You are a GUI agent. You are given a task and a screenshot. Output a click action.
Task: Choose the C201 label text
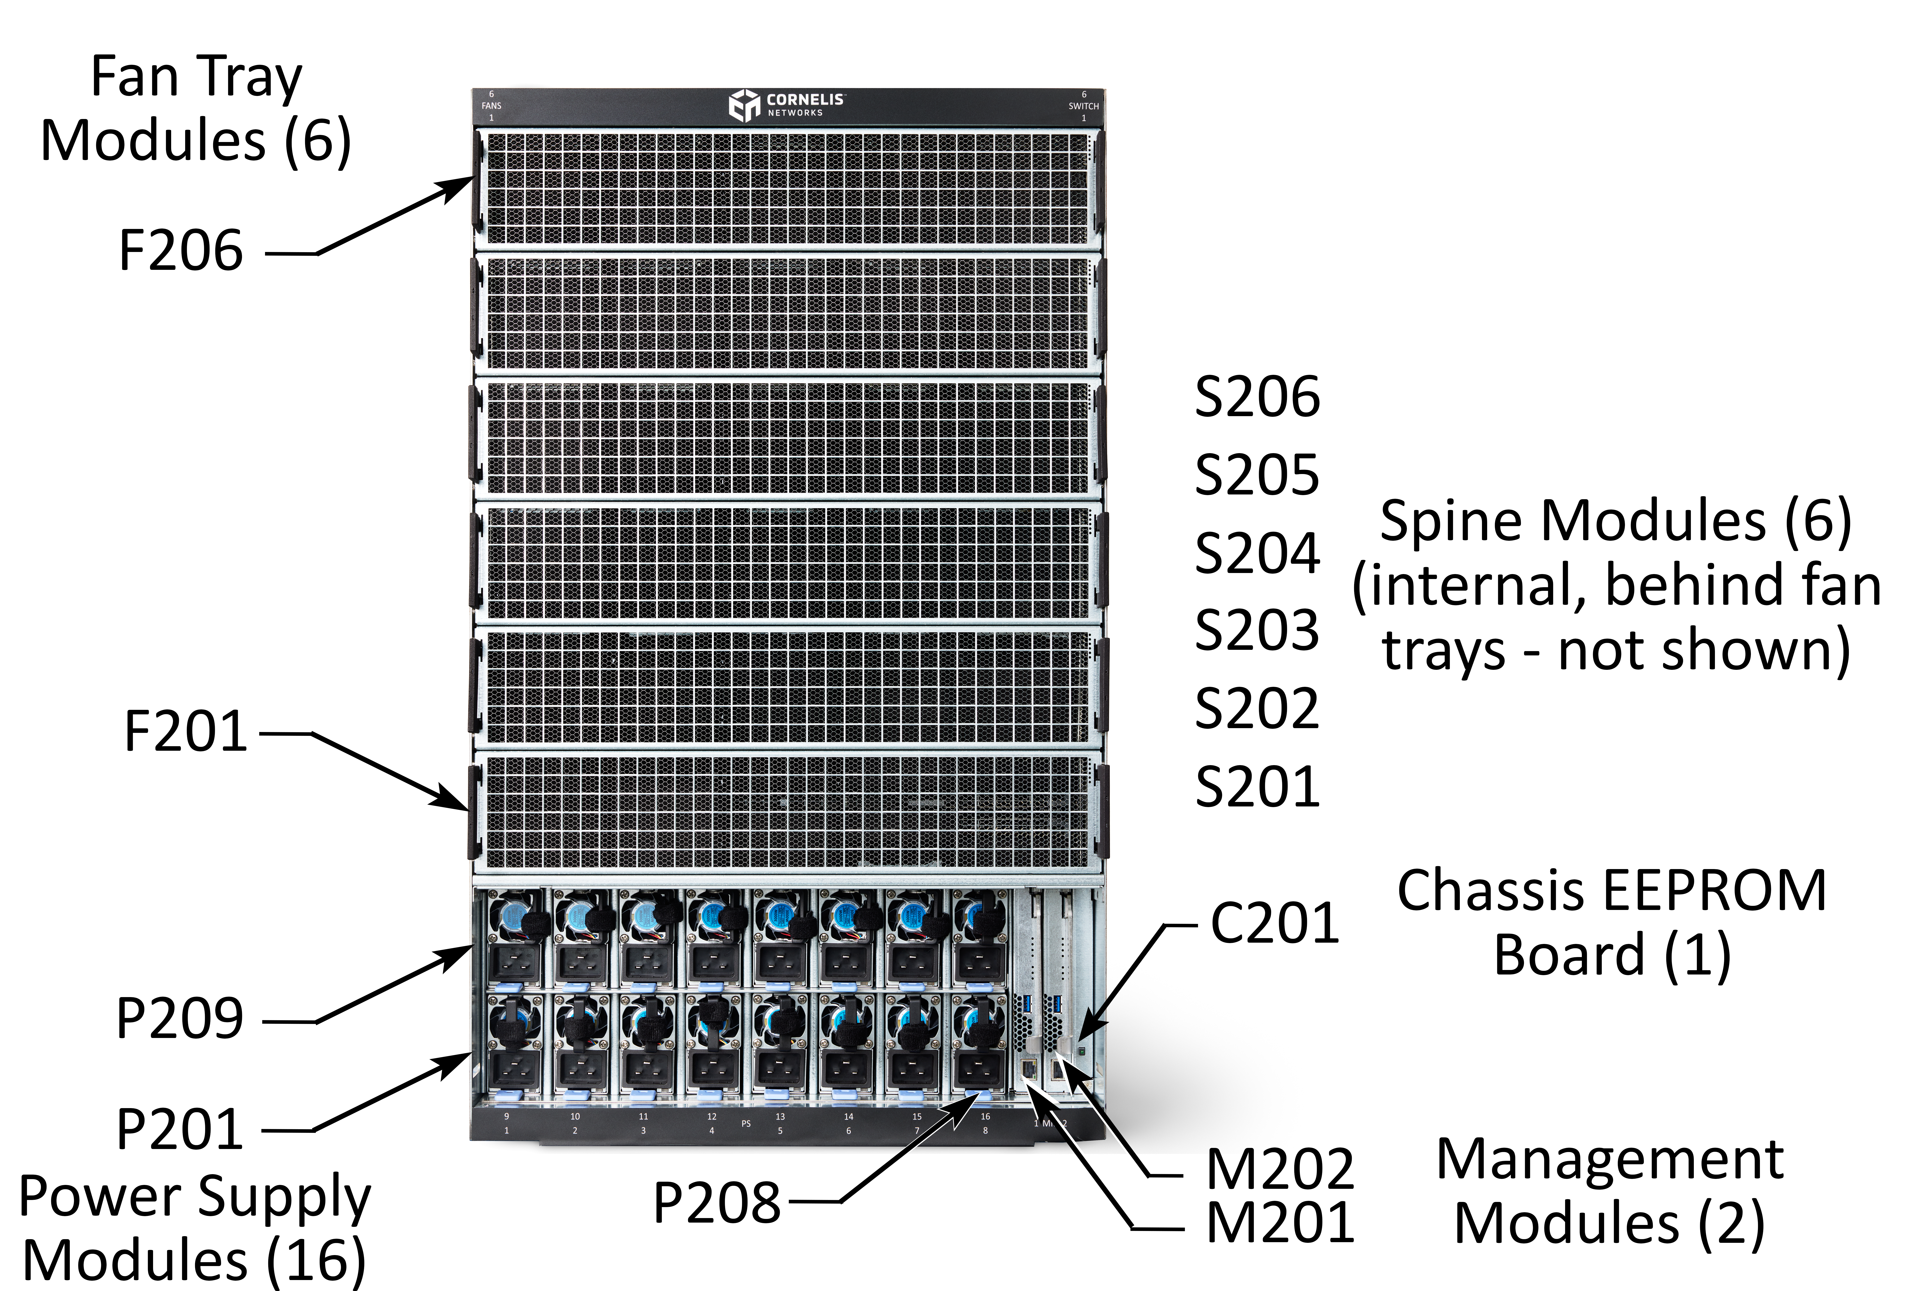point(1274,923)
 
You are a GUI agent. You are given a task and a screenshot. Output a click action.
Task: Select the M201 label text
point(1279,1223)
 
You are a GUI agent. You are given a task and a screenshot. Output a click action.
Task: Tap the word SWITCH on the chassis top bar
point(1083,106)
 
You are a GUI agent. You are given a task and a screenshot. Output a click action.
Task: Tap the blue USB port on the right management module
point(1058,1004)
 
